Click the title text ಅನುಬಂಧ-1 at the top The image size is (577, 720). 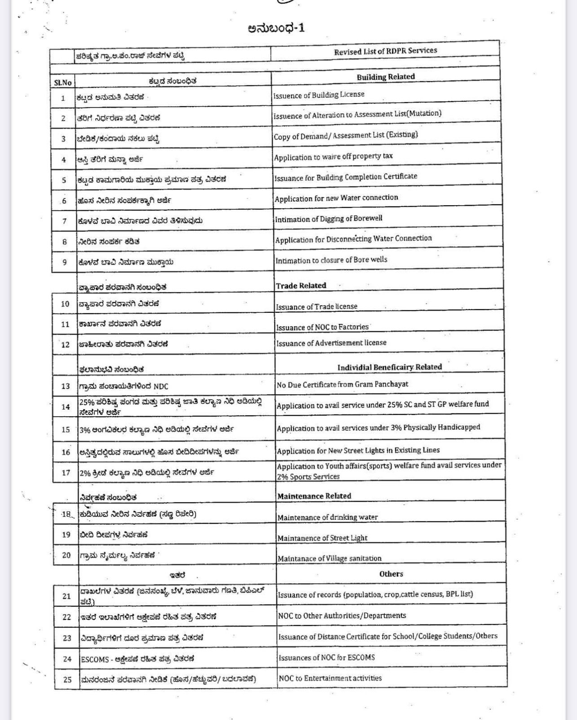tap(276, 28)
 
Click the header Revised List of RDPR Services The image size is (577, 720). tap(385, 51)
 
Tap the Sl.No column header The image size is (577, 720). tap(62, 82)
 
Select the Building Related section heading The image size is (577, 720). tap(386, 76)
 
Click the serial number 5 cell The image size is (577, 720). tap(64, 180)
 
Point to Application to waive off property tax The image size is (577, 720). tap(333, 157)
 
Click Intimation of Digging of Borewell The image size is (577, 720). tap(328, 219)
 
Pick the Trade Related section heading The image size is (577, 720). tap(301, 285)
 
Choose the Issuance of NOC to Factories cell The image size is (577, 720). tap(322, 327)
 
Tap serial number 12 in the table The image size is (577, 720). tap(65, 345)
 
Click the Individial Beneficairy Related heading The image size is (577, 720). tap(389, 367)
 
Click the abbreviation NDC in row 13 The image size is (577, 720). tap(160, 386)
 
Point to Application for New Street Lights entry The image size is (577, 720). tap(358, 450)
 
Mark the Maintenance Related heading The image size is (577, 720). tap(314, 496)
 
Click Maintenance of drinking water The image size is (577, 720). tap(327, 517)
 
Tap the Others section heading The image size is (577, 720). tap(391, 574)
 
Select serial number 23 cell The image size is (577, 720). tap(67, 638)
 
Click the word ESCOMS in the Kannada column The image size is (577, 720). tap(95, 659)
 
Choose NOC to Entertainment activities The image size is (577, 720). tap(330, 678)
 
